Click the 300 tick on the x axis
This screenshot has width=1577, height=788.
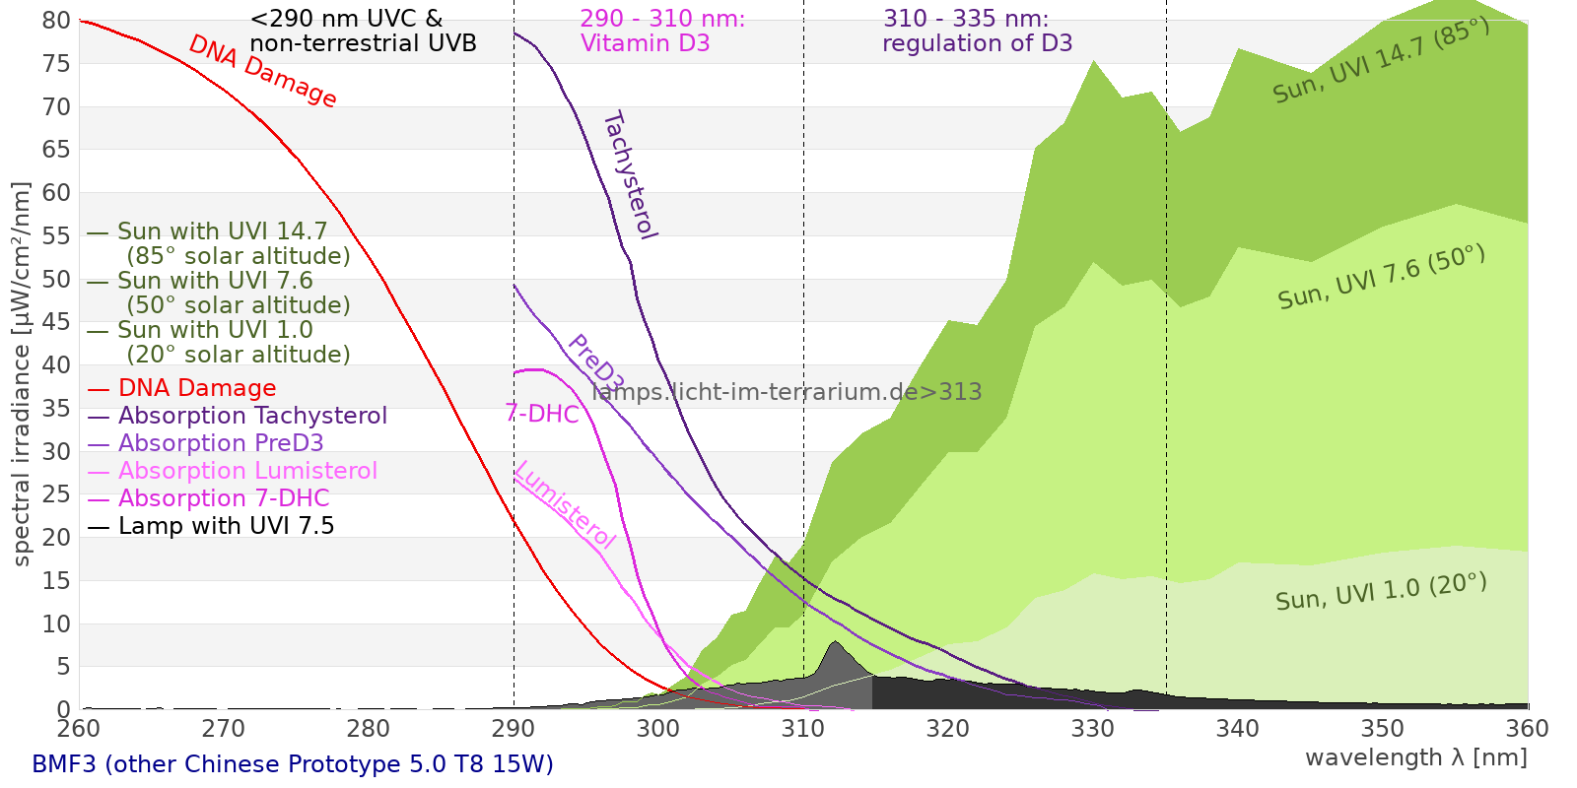(658, 729)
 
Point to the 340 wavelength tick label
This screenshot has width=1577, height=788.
(1238, 729)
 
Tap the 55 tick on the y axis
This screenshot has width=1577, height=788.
(57, 236)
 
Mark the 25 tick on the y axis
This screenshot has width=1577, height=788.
(57, 494)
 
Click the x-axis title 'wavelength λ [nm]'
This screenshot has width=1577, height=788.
(1415, 757)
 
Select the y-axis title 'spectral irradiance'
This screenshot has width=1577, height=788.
(22, 374)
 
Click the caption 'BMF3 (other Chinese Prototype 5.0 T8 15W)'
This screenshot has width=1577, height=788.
(293, 764)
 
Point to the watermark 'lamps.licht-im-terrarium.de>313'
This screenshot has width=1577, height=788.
(787, 392)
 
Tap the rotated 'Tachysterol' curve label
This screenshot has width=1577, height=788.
(629, 175)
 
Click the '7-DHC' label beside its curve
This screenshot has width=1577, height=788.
(542, 414)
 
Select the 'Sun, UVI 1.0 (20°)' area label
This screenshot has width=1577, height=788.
(1380, 593)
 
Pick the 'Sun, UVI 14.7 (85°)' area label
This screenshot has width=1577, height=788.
(1380, 61)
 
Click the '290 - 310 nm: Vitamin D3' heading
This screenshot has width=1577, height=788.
(662, 31)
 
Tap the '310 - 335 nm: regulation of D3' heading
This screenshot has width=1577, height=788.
(977, 31)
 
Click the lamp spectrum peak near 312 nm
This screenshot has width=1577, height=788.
(836, 643)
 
